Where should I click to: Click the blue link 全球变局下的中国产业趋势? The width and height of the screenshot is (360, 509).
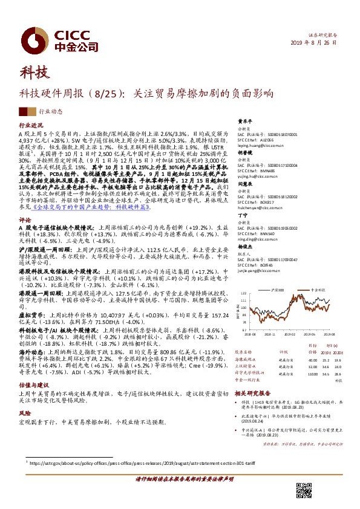(91, 207)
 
